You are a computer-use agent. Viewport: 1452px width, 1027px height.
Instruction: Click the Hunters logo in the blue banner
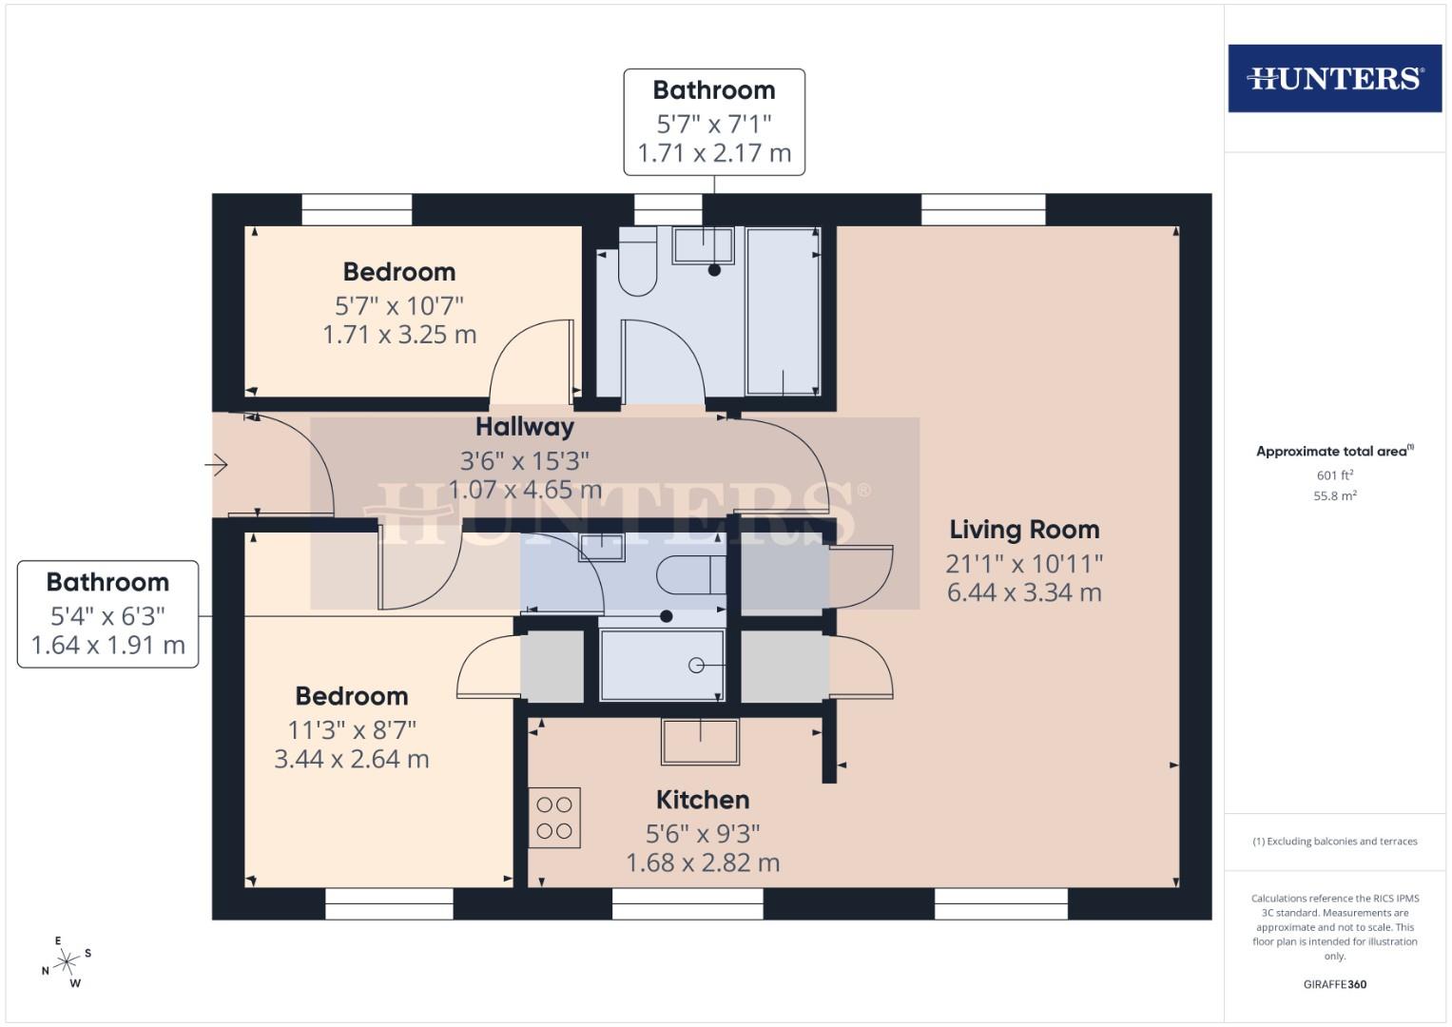click(x=1334, y=78)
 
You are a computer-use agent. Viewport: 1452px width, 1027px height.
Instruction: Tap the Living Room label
click(x=1024, y=530)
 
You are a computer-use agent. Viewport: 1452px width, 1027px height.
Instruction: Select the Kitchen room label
click(x=703, y=800)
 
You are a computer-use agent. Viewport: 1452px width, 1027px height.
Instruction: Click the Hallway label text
click(x=525, y=427)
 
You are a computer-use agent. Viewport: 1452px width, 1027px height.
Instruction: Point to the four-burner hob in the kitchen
click(x=554, y=818)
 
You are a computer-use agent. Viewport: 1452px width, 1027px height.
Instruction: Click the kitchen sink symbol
click(x=701, y=742)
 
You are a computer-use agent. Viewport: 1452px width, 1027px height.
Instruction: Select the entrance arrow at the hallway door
click(x=217, y=465)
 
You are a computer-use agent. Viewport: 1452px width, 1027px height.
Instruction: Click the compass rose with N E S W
click(x=66, y=962)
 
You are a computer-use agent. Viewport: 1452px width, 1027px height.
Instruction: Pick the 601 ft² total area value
click(x=1334, y=475)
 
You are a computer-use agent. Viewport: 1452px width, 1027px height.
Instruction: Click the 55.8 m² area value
click(x=1334, y=495)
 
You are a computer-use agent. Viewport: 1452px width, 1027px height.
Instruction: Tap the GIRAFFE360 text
click(x=1334, y=984)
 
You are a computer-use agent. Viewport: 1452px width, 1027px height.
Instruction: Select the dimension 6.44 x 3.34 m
click(x=1024, y=592)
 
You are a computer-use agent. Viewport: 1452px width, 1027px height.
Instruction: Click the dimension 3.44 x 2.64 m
click(x=352, y=760)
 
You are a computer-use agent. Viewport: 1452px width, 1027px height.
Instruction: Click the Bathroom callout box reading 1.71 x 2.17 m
click(x=714, y=122)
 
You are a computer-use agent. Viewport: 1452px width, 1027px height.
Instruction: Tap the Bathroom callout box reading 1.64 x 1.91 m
click(x=107, y=614)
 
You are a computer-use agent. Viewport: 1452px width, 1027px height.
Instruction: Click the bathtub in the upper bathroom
click(x=783, y=311)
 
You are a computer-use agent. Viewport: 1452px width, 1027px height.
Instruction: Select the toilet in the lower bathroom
click(x=689, y=574)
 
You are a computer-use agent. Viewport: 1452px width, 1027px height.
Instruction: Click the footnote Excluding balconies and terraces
click(x=1334, y=842)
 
